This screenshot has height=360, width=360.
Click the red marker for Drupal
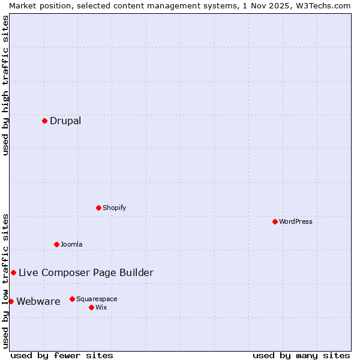(45, 121)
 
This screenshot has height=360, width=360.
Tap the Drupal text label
(65, 121)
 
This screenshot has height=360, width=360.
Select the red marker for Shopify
(99, 208)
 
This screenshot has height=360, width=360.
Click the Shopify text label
(114, 208)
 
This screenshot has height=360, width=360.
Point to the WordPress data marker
(275, 221)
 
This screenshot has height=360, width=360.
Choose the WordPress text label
(296, 222)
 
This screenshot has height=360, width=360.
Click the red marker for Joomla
(57, 244)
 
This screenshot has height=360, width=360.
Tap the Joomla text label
(71, 245)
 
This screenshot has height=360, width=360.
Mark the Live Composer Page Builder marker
(14, 272)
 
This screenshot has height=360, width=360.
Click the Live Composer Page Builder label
(86, 273)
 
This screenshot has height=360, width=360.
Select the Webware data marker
(11, 301)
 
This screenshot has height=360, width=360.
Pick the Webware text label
(38, 302)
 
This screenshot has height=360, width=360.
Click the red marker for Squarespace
(73, 299)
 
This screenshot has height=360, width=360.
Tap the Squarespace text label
(97, 299)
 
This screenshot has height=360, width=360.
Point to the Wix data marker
(92, 307)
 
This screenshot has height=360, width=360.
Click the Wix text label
(101, 308)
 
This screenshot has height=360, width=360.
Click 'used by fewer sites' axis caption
(62, 356)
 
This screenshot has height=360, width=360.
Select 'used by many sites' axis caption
(301, 356)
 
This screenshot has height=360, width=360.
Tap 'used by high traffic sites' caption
(5, 85)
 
